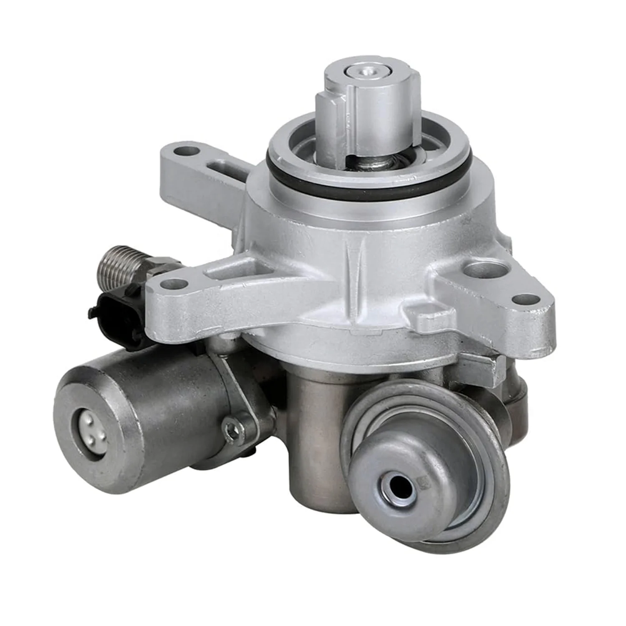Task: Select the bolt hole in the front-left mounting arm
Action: [x=172, y=285]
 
